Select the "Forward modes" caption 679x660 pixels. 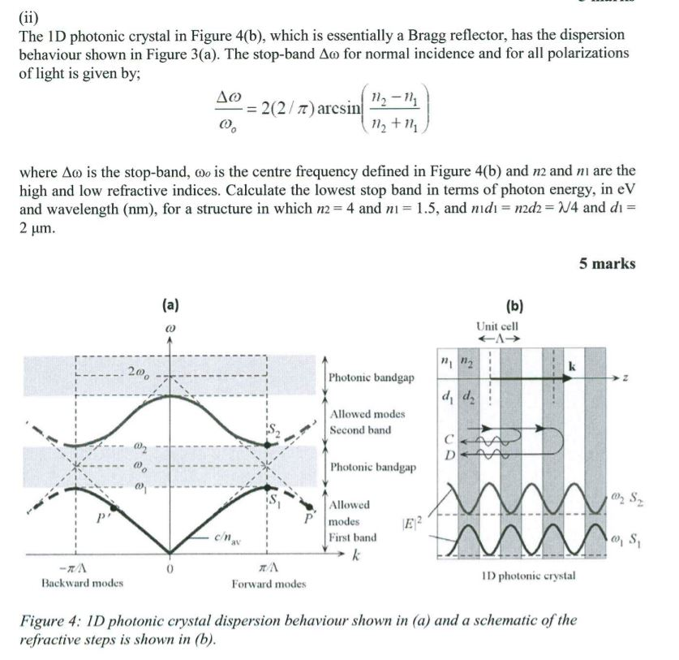(267, 584)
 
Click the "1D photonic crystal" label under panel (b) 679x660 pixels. (527, 576)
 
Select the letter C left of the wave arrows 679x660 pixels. (448, 439)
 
